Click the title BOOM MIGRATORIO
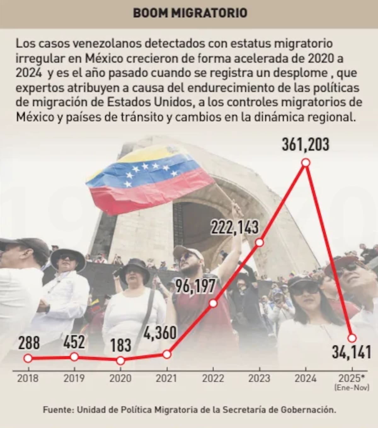[190, 13]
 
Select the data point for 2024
[306, 163]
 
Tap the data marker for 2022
[213, 303]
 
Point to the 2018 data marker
[28, 358]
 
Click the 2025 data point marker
[352, 338]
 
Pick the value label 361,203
[305, 144]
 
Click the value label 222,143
[235, 228]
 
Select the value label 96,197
[195, 286]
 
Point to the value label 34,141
[351, 352]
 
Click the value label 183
[121, 345]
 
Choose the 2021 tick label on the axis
[167, 378]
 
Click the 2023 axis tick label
[259, 378]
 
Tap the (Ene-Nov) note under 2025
[352, 388]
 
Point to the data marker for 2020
[120, 360]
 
